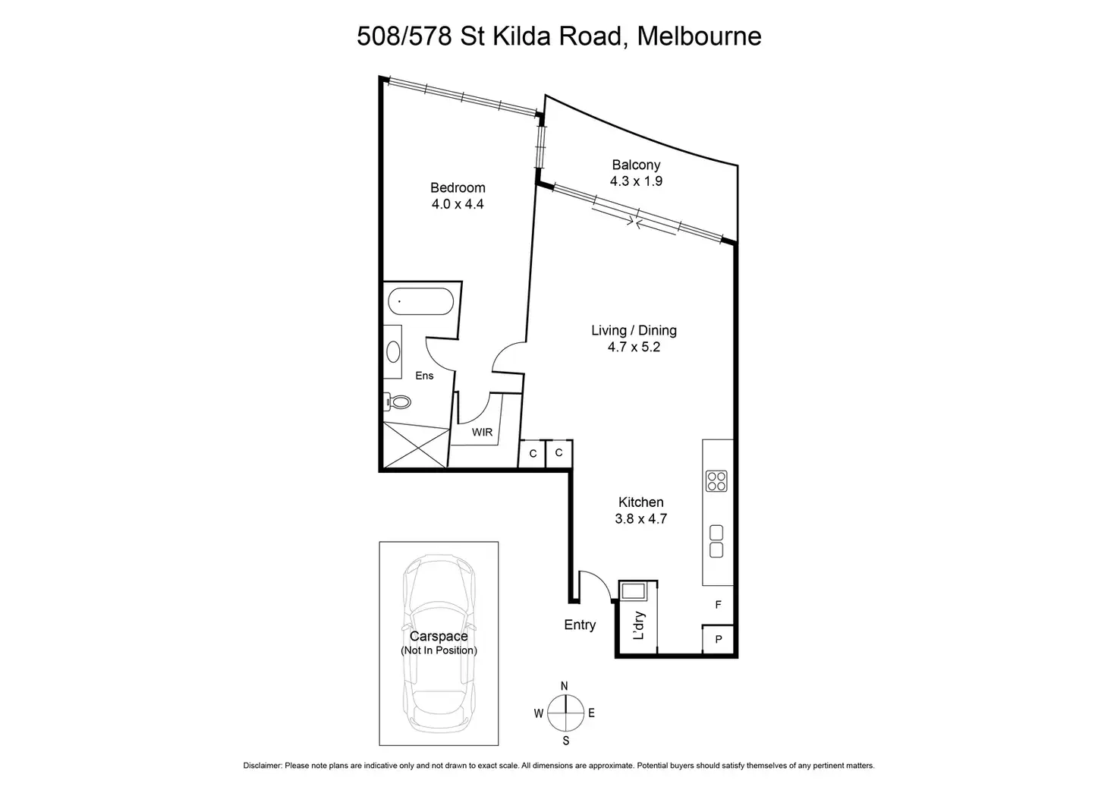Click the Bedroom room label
point(457,187)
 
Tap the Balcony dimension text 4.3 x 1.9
point(636,181)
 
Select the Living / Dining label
point(634,330)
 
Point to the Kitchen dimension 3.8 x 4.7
point(640,519)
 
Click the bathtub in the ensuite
point(420,301)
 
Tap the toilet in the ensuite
point(398,401)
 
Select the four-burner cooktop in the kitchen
point(716,481)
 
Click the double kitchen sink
point(716,541)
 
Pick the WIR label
point(482,433)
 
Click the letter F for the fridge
point(718,605)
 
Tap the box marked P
point(718,640)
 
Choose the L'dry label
point(639,625)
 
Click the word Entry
point(580,625)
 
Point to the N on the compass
point(564,686)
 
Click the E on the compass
point(591,713)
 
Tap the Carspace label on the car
point(439,637)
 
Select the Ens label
point(424,376)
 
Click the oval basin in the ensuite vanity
point(393,351)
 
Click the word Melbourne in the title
point(699,36)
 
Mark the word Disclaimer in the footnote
point(262,766)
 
